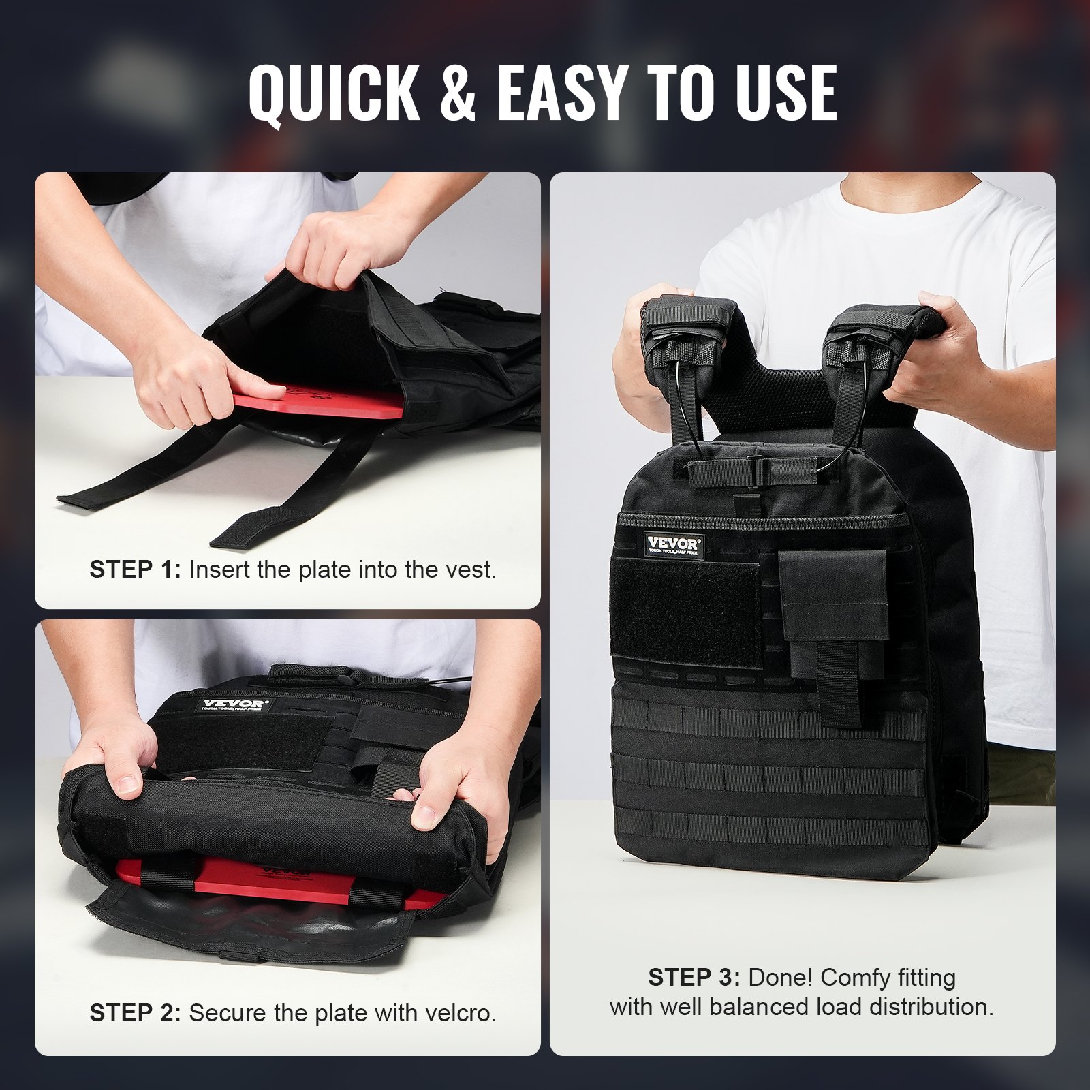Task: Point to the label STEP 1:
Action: [x=135, y=570]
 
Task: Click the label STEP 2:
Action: [x=135, y=1013]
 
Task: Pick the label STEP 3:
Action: [x=694, y=978]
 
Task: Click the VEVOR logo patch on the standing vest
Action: [x=673, y=545]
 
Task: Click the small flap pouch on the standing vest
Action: [x=832, y=594]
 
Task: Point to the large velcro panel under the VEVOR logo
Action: [x=685, y=613]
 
